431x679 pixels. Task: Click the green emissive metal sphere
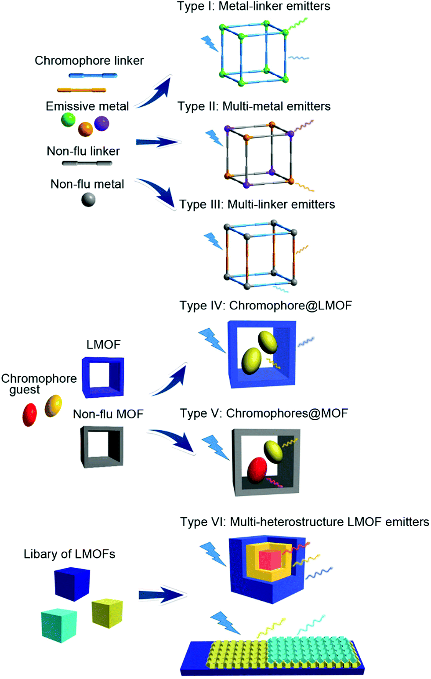[68, 120]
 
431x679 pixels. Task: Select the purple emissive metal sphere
[101, 123]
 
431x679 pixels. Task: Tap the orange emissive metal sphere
[85, 129]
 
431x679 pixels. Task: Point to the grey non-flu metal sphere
[88, 200]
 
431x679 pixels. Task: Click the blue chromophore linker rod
[93, 76]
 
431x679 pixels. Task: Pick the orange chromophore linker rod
[82, 90]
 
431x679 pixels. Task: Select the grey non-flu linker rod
[87, 163]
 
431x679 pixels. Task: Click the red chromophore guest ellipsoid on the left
[29, 414]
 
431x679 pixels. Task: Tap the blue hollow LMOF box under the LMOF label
[103, 378]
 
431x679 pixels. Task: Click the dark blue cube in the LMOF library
[72, 584]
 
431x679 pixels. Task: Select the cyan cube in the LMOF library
[59, 625]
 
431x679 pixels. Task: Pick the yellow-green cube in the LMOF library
[107, 614]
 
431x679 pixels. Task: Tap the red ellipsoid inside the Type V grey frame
[257, 471]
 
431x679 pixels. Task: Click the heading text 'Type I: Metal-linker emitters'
[254, 6]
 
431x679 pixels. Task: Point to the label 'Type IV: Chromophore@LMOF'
[265, 305]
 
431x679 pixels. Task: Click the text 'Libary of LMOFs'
[69, 554]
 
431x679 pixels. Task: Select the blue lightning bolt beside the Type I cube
[210, 44]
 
